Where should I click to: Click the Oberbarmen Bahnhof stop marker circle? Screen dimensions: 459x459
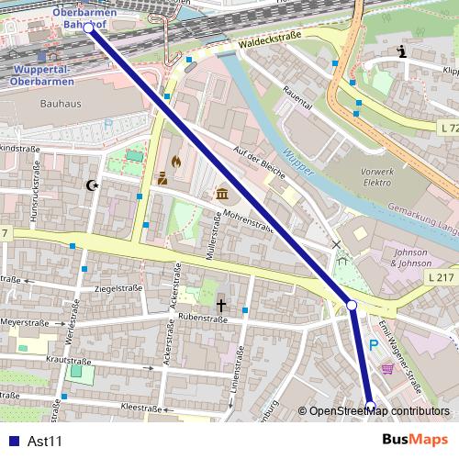(88, 28)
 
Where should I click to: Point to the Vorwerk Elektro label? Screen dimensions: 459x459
(377, 176)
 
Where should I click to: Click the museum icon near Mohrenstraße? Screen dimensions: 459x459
(223, 194)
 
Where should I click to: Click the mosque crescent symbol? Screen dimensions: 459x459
(91, 186)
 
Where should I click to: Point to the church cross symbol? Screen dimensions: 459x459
(220, 303)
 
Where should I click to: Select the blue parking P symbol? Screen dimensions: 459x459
(374, 344)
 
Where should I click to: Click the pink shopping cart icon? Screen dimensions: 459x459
(387, 368)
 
